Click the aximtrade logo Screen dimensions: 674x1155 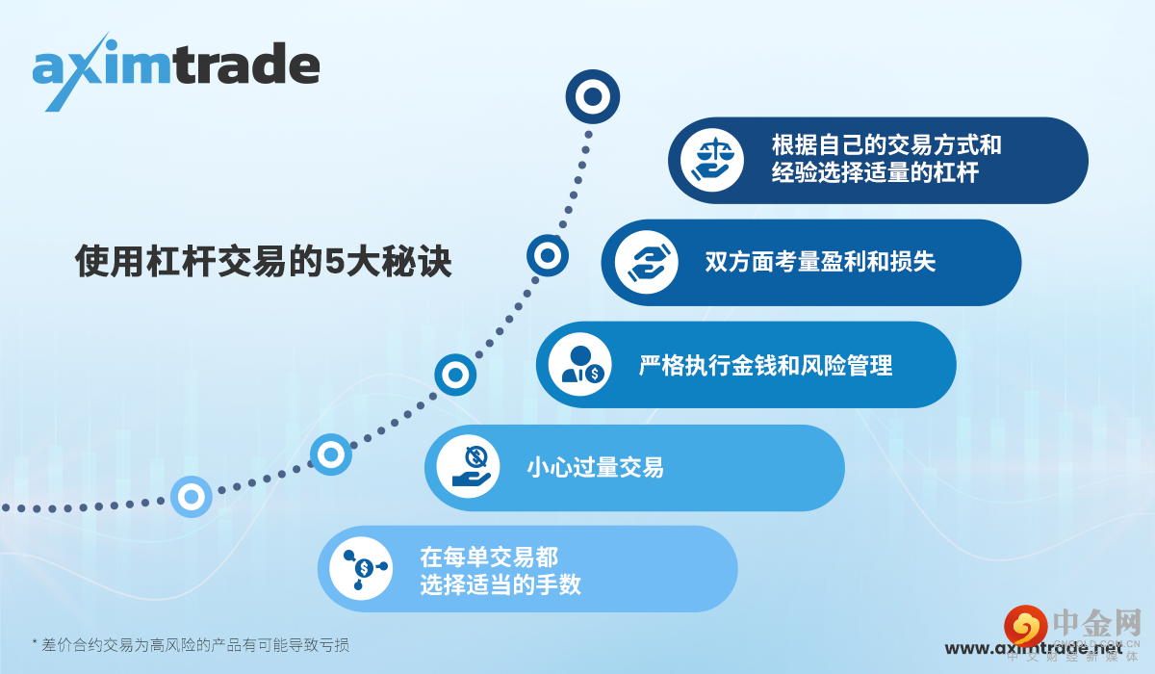pos(176,69)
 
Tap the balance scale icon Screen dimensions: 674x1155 pos(712,160)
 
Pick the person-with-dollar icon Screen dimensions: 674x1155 pos(579,365)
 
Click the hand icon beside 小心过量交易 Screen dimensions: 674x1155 pos(469,467)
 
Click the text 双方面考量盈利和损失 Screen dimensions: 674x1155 pos(820,262)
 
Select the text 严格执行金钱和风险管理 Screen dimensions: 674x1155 pos(765,365)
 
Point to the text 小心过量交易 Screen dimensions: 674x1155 pos(595,468)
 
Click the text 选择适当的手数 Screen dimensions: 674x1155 pos(500,583)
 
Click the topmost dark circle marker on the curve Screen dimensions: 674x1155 pos(593,96)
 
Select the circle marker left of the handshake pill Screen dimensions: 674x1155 pos(547,256)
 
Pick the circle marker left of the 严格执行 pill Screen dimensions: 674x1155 pos(455,375)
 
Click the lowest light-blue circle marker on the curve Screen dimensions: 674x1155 pos(191,497)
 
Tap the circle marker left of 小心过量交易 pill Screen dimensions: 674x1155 pos(331,454)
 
